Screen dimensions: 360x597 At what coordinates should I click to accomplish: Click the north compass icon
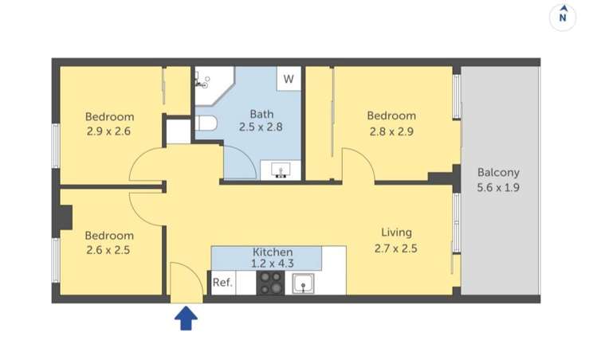564,16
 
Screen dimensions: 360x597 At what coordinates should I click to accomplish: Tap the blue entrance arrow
186,319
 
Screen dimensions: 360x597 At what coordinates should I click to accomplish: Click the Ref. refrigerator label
222,283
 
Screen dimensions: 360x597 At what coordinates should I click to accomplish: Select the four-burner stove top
271,283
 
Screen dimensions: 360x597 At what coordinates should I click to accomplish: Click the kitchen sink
303,283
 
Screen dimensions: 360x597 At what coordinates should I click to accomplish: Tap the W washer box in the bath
289,79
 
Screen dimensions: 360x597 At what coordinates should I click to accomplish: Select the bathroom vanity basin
281,169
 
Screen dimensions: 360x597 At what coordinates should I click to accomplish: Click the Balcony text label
498,172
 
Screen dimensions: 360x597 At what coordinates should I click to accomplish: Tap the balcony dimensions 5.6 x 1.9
498,188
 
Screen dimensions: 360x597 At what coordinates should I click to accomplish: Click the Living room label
396,233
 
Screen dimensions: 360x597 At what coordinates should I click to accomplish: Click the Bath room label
261,113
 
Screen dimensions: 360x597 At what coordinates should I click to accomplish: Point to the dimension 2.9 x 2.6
109,131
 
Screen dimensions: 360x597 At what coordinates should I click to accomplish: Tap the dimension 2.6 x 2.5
109,250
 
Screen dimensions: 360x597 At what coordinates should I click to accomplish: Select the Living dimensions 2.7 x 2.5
396,248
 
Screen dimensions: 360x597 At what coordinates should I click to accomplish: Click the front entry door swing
186,283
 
